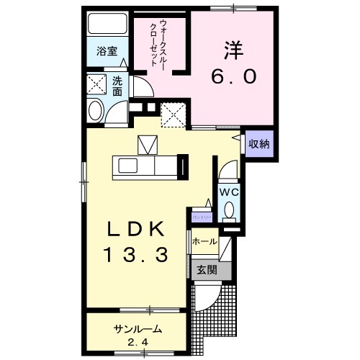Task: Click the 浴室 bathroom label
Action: pos(107,51)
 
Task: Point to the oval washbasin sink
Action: pos(96,112)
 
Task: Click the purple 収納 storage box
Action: pos(258,144)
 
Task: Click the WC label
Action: pos(228,192)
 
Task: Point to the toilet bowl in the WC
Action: pos(229,211)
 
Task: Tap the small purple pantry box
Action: pos(202,216)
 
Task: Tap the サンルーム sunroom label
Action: pos(136,328)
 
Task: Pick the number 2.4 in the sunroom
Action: pos(137,341)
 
